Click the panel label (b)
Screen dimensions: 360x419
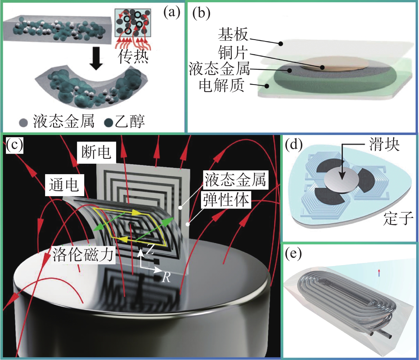201,13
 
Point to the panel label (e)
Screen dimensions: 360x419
293,253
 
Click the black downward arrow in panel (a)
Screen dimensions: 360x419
97,58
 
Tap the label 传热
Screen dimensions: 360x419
133,56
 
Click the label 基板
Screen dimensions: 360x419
233,34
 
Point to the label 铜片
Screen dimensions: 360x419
233,52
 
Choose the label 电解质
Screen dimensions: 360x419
221,85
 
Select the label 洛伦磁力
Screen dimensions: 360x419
83,254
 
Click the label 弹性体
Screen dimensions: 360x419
226,199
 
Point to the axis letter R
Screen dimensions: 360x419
166,277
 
